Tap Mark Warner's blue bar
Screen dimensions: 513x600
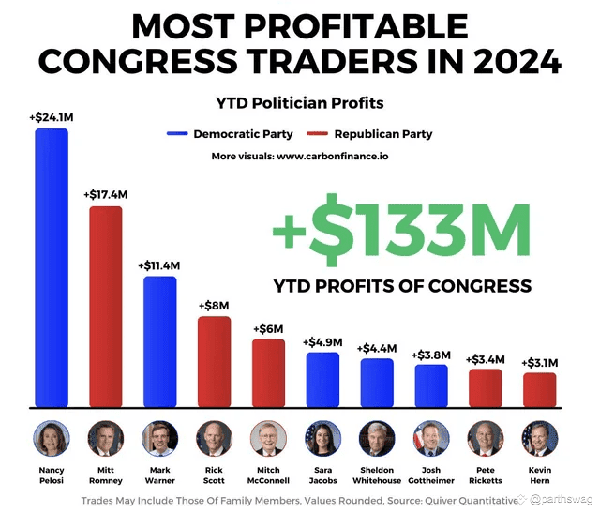[159, 341]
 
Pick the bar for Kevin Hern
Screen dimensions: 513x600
[539, 389]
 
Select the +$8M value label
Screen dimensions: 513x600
[214, 305]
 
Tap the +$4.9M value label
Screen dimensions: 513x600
[322, 341]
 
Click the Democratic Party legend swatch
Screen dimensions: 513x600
[177, 134]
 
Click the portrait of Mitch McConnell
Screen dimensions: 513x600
[268, 438]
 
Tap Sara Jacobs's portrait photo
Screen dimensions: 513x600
[322, 438]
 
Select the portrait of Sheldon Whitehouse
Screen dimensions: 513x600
[377, 438]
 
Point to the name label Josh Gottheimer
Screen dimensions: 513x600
[431, 475]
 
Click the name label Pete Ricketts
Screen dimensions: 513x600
[486, 475]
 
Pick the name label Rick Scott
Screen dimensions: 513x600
[214, 475]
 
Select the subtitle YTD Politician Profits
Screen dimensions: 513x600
[300, 102]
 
